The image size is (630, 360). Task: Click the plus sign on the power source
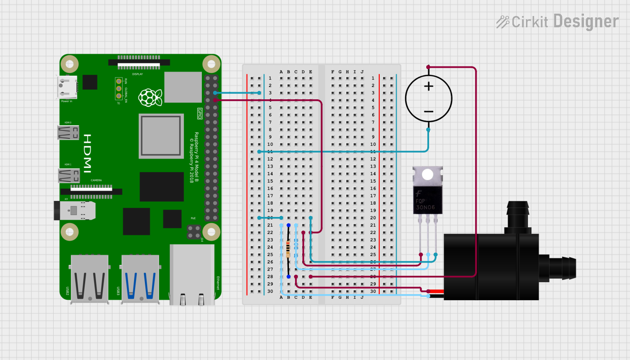(429, 86)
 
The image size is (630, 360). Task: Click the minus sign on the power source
(429, 112)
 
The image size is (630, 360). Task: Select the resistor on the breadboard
(288, 249)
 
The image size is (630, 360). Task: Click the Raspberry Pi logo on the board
(150, 97)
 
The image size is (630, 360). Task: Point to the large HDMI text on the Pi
(88, 153)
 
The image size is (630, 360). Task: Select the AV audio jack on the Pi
(75, 211)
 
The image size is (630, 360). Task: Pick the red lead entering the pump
(436, 291)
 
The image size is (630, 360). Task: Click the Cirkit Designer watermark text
(558, 22)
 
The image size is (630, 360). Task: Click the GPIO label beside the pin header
(199, 113)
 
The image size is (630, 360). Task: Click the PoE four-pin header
(193, 232)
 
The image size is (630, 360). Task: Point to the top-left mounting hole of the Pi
(70, 64)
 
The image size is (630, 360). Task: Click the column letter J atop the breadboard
(362, 72)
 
